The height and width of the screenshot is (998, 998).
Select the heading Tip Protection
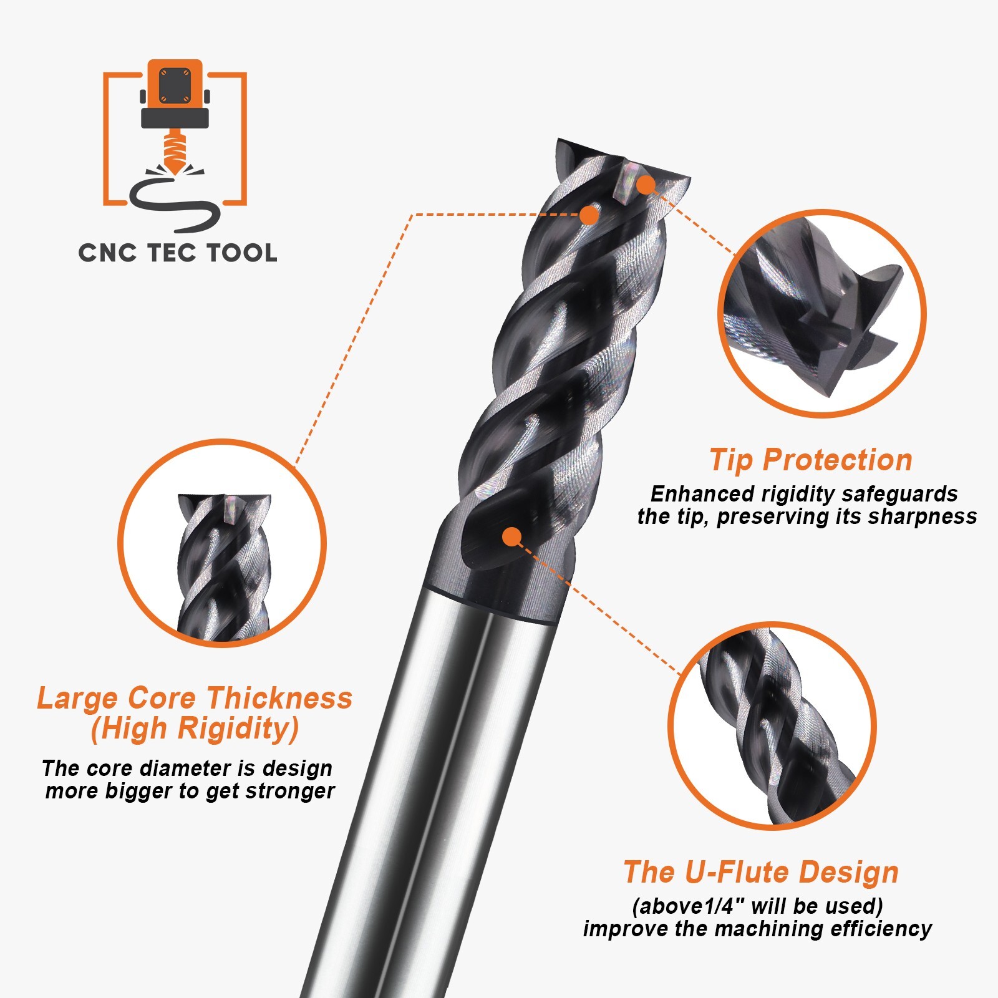click(x=811, y=460)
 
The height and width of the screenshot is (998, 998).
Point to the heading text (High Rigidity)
click(x=195, y=729)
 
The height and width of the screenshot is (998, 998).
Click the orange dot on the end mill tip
click(x=646, y=185)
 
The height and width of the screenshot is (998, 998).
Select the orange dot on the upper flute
click(x=588, y=215)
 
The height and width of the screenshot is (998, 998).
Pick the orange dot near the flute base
click(x=511, y=536)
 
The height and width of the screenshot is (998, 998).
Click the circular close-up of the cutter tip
click(x=822, y=313)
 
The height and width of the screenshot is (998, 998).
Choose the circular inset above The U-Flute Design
click(x=772, y=726)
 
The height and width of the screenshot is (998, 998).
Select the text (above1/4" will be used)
click(x=757, y=906)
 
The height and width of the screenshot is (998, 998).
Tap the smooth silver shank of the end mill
click(x=437, y=780)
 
